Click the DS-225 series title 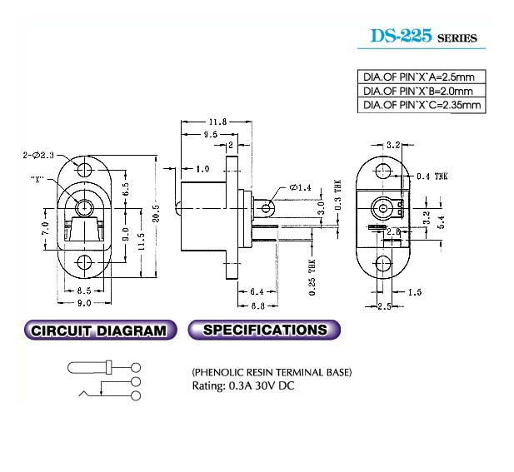pos(423,37)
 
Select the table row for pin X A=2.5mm pos(422,77)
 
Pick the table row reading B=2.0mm pos(422,91)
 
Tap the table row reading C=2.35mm pos(422,105)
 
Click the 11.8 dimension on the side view pos(217,122)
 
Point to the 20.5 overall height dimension pos(156,213)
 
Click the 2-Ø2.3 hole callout pos(38,155)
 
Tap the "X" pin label pos(37,179)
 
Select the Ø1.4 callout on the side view pos(300,187)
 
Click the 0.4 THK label pos(432,176)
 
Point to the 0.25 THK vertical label pos(312,277)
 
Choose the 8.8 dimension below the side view pos(258,306)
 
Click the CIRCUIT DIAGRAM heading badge pos(100,330)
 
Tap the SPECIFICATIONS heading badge pos(264,330)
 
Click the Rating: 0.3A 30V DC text pos(243,385)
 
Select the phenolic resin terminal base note pos(272,372)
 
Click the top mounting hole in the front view pos(85,170)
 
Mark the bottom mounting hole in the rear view pos(383,263)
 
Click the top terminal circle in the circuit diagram pos(136,367)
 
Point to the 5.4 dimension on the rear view pos(442,221)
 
